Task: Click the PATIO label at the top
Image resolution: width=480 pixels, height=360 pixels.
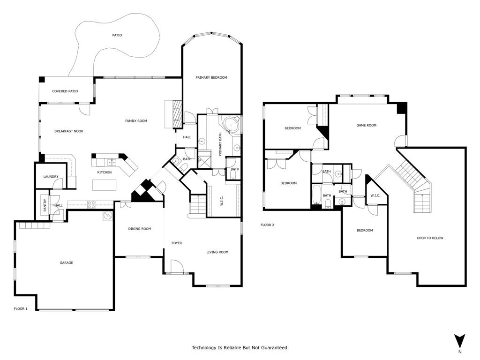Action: click(117, 35)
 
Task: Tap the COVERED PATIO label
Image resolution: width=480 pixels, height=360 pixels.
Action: click(65, 91)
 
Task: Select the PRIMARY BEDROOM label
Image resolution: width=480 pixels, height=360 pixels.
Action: click(211, 77)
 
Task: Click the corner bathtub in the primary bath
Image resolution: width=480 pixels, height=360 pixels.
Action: click(231, 125)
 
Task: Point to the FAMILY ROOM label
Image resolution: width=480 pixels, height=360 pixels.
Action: click(136, 121)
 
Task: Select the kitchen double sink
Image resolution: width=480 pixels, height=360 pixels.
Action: click(112, 163)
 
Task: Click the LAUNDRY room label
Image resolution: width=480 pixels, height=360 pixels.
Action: click(51, 177)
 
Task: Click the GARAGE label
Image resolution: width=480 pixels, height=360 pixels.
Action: click(66, 263)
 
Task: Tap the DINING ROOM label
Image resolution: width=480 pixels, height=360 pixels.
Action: click(140, 229)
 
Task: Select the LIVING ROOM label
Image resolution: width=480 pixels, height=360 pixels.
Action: click(217, 252)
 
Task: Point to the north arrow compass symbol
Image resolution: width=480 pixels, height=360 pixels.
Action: click(460, 341)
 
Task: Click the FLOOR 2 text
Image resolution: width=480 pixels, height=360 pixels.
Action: click(267, 225)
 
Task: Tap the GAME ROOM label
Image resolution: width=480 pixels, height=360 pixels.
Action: click(366, 125)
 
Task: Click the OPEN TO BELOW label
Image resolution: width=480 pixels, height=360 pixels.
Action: click(430, 238)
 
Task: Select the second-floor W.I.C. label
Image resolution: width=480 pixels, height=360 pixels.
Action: click(375, 195)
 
